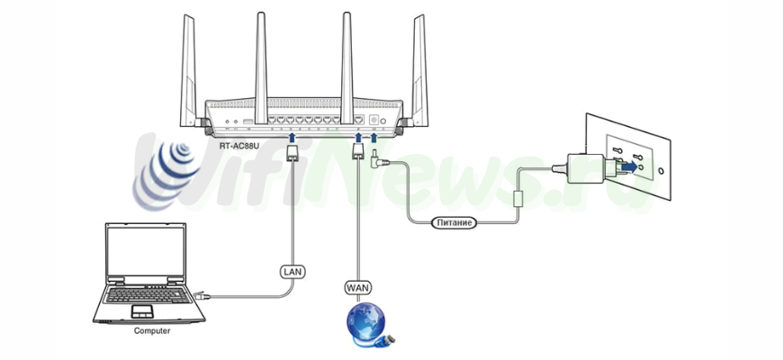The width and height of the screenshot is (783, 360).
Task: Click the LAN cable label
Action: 291,270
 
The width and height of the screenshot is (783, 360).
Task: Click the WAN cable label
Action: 357,287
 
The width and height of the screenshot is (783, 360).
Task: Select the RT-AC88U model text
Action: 238,144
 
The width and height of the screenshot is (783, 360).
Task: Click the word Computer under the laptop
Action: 152,330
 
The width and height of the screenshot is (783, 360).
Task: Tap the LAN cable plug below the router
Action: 292,155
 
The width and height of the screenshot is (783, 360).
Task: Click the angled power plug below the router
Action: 378,160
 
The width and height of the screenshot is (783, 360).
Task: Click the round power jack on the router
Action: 374,120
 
